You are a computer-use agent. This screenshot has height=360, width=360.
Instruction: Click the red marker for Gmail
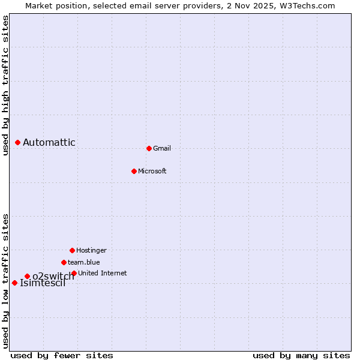coord(149,148)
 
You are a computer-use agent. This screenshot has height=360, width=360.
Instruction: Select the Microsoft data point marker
coord(134,171)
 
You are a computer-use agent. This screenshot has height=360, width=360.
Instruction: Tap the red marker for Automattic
coord(17,142)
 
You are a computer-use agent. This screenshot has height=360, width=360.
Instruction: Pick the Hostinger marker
coord(72,250)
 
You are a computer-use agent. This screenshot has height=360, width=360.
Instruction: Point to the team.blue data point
coord(64,262)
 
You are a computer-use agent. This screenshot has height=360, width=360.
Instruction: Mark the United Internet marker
coord(74,273)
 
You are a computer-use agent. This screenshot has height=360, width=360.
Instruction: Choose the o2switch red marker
coord(27,276)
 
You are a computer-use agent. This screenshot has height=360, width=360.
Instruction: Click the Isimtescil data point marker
coord(14,283)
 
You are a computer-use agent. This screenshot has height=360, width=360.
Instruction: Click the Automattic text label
coord(49,142)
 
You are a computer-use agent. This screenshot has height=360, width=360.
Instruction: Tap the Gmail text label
coord(162,148)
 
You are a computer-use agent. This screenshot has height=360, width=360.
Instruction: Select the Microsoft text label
coord(152,171)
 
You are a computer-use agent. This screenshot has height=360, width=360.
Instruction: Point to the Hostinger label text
coord(91,250)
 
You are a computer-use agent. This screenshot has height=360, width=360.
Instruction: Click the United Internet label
coord(103,273)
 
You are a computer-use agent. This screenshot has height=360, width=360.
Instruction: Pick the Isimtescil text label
coord(43,283)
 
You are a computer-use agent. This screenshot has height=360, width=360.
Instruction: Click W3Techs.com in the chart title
coord(305,5)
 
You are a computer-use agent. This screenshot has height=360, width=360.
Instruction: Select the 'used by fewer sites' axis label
coord(62,355)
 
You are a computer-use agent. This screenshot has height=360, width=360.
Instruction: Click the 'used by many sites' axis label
coord(301,355)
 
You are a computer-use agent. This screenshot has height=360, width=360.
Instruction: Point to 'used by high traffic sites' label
coord(5,85)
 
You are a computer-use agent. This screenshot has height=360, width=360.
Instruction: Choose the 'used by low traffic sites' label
coord(5,281)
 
